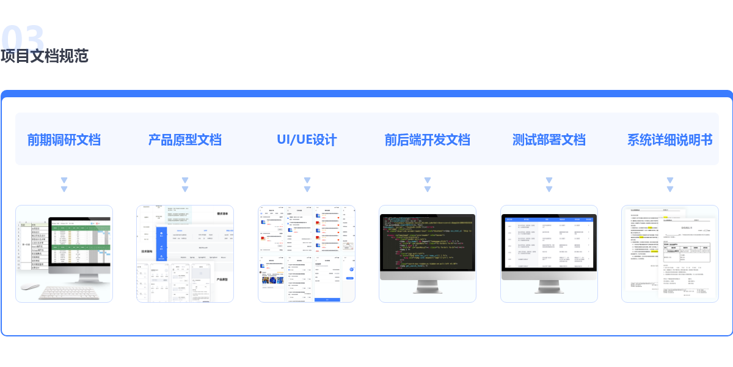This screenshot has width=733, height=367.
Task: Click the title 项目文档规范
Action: tap(45, 56)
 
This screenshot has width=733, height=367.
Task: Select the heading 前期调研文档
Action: tap(64, 139)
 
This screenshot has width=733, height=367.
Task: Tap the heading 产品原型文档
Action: tap(185, 139)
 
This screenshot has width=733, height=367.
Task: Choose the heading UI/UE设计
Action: tap(307, 139)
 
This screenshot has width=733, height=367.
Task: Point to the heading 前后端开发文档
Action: tap(428, 139)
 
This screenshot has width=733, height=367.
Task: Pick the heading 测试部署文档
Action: tap(549, 139)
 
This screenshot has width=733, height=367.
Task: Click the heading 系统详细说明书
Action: tap(669, 139)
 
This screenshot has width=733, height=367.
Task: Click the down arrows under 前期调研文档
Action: tap(64, 185)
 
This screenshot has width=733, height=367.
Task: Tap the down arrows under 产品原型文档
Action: tap(185, 185)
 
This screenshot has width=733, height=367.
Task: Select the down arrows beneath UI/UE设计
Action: tap(307, 185)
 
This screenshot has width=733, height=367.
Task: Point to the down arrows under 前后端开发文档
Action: tap(428, 185)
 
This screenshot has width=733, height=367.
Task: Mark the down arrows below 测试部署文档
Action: tap(549, 185)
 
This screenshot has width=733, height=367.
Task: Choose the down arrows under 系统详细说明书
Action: tap(669, 185)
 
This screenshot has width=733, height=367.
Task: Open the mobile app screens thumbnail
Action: tap(307, 254)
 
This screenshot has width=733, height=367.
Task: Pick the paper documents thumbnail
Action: tap(669, 254)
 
